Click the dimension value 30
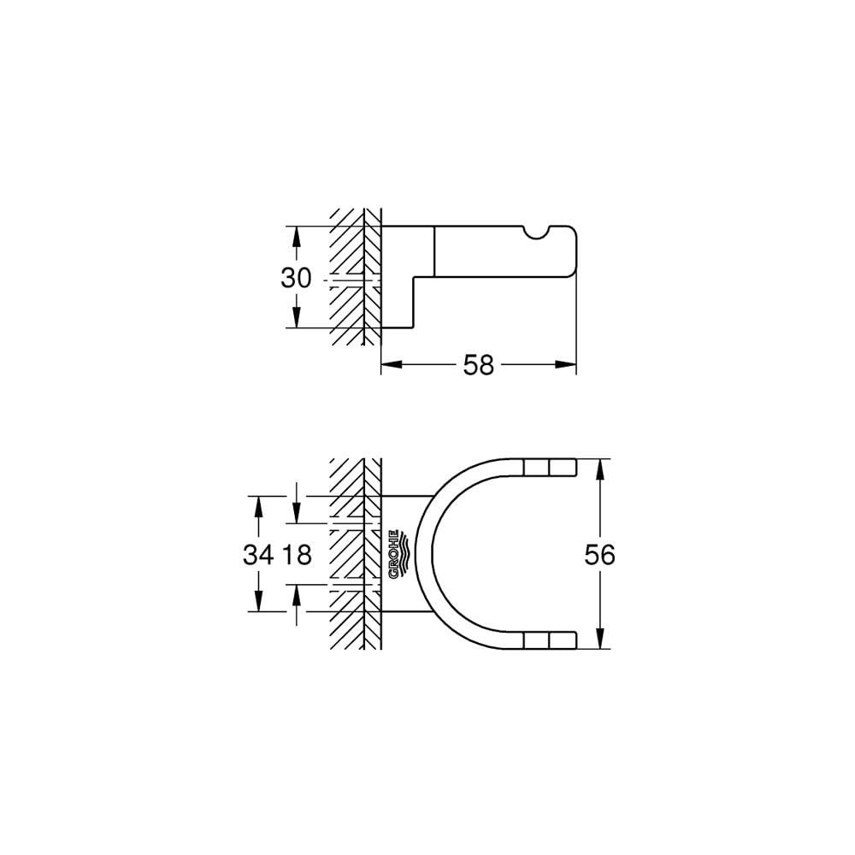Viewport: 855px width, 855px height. (298, 278)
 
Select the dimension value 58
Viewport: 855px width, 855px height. (479, 365)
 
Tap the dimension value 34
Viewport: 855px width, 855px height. (258, 555)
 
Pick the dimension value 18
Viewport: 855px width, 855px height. (295, 555)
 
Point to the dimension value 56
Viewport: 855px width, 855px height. (599, 555)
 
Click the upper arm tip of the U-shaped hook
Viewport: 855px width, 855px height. (563, 467)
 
